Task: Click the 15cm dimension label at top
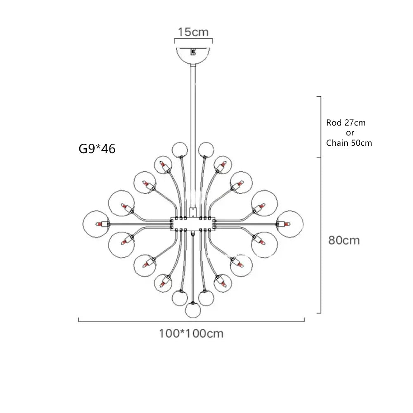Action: click(x=193, y=32)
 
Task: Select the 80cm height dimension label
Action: click(x=344, y=240)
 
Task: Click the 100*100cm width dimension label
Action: click(x=191, y=333)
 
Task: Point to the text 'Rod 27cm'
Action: click(x=346, y=123)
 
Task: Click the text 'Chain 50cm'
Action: click(x=349, y=143)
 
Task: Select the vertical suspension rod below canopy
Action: click(x=193, y=103)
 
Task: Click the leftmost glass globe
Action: click(x=95, y=223)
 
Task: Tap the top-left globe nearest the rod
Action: click(x=179, y=150)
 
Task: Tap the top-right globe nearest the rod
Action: click(x=205, y=150)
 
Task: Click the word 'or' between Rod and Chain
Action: click(x=349, y=133)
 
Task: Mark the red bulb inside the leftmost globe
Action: click(x=100, y=224)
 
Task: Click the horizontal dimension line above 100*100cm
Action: click(x=191, y=320)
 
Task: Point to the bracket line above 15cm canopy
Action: click(x=193, y=40)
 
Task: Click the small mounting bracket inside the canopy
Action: click(x=192, y=52)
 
